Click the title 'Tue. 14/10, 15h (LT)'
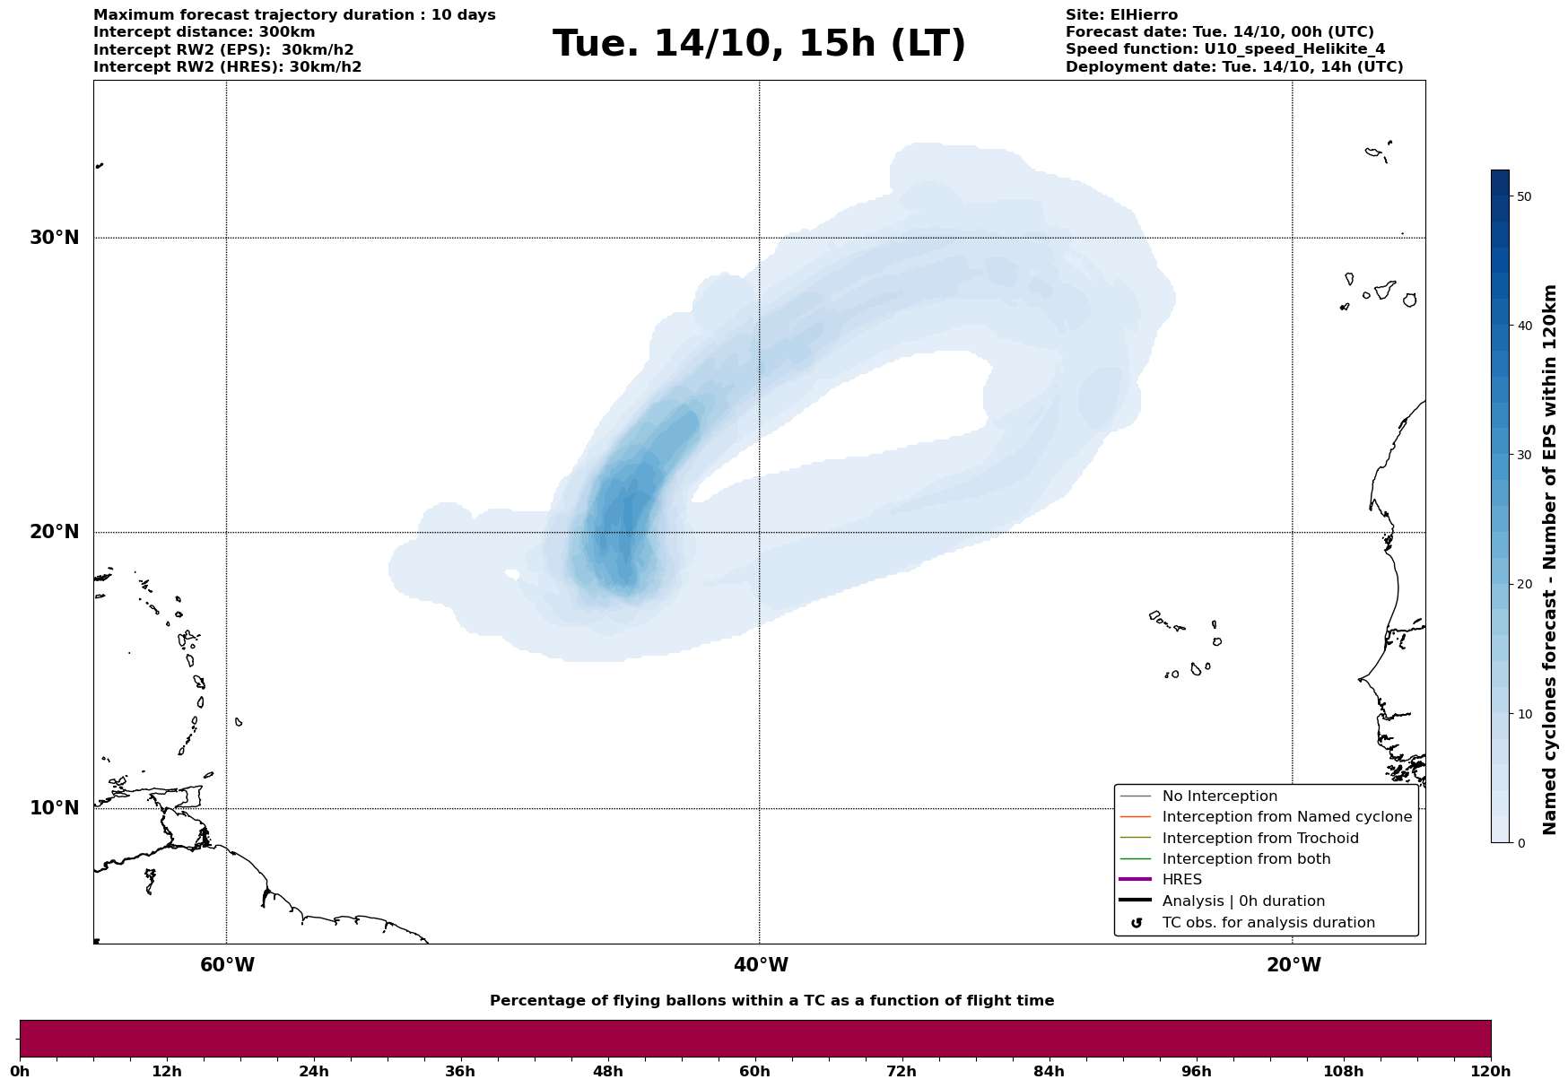point(759,44)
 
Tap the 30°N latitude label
point(54,238)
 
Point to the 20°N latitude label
point(54,532)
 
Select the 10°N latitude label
point(54,808)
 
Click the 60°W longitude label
point(227,965)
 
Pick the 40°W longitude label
point(761,965)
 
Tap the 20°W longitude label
point(1294,965)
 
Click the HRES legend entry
point(1181,880)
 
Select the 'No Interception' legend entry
point(1219,796)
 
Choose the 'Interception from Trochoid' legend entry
point(1259,839)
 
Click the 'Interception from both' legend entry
point(1246,859)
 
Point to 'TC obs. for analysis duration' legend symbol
point(1137,923)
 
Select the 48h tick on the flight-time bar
point(607,1071)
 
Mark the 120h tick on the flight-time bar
point(1490,1071)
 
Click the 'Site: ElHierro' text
point(1121,15)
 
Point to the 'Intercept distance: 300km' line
point(205,32)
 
